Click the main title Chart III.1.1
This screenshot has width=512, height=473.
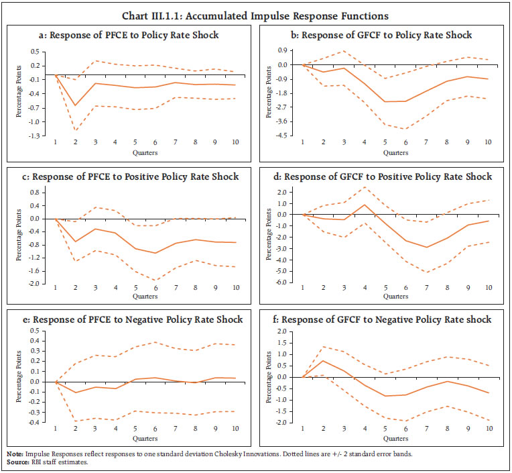coord(256,15)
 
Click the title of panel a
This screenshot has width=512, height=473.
coord(129,35)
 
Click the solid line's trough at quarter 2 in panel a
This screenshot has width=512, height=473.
coord(75,105)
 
